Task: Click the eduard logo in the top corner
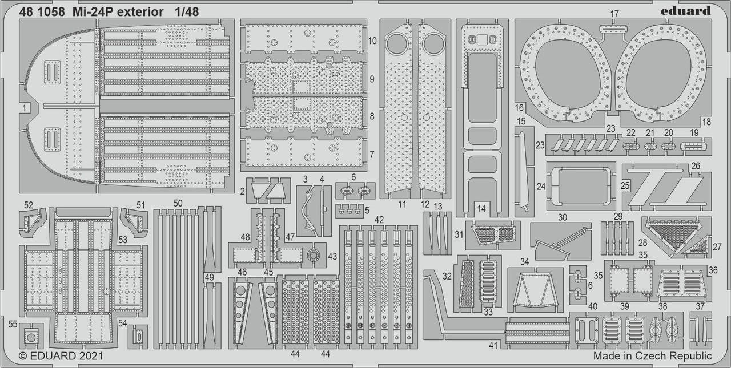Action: tap(686, 10)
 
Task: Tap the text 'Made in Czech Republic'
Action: tap(652, 356)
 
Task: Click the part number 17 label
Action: tap(614, 13)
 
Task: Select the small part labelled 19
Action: tap(694, 146)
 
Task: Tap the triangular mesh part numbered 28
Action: tap(674, 234)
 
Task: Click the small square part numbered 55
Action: tap(29, 338)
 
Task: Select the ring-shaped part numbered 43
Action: tap(313, 255)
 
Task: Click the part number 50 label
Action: tap(178, 203)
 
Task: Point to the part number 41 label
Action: tap(493, 345)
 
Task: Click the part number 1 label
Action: tap(24, 107)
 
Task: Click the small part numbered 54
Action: tap(137, 337)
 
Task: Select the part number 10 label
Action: tap(372, 41)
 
